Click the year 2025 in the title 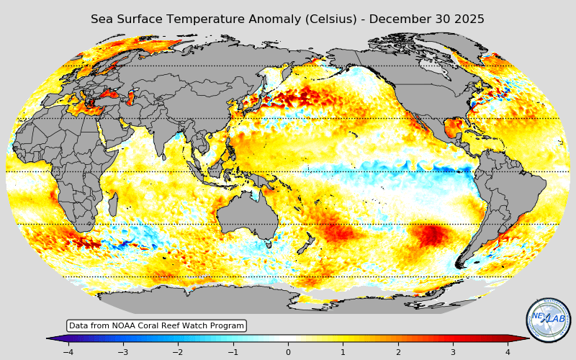coord(469,19)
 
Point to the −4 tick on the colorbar coord(68,352)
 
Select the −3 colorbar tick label coord(122,352)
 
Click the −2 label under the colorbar coord(178,352)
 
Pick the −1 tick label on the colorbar coord(233,352)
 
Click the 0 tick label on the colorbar coord(288,352)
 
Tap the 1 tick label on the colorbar coord(343,352)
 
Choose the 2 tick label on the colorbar coord(398,352)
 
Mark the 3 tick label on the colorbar coord(453,352)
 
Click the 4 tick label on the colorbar coord(508,352)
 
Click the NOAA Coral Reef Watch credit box coord(156,326)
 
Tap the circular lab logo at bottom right coord(549,320)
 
